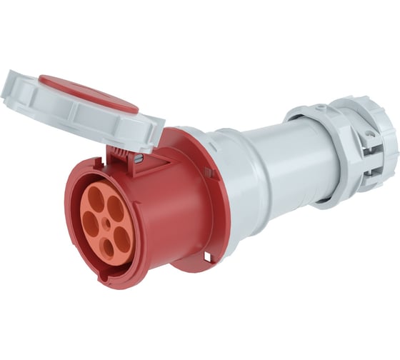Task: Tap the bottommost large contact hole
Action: pyautogui.click(x=107, y=249)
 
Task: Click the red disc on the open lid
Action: pyautogui.click(x=88, y=94)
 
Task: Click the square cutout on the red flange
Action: pyautogui.click(x=209, y=255)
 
